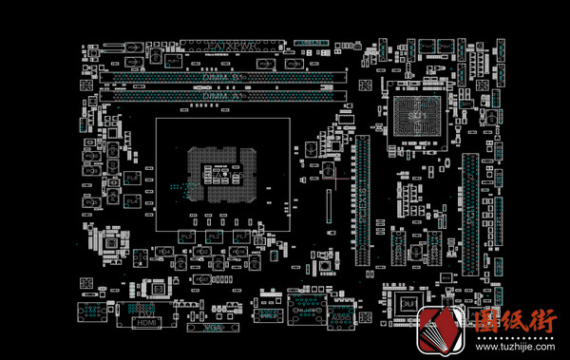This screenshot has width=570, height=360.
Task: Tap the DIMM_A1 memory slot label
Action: (x=219, y=95)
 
